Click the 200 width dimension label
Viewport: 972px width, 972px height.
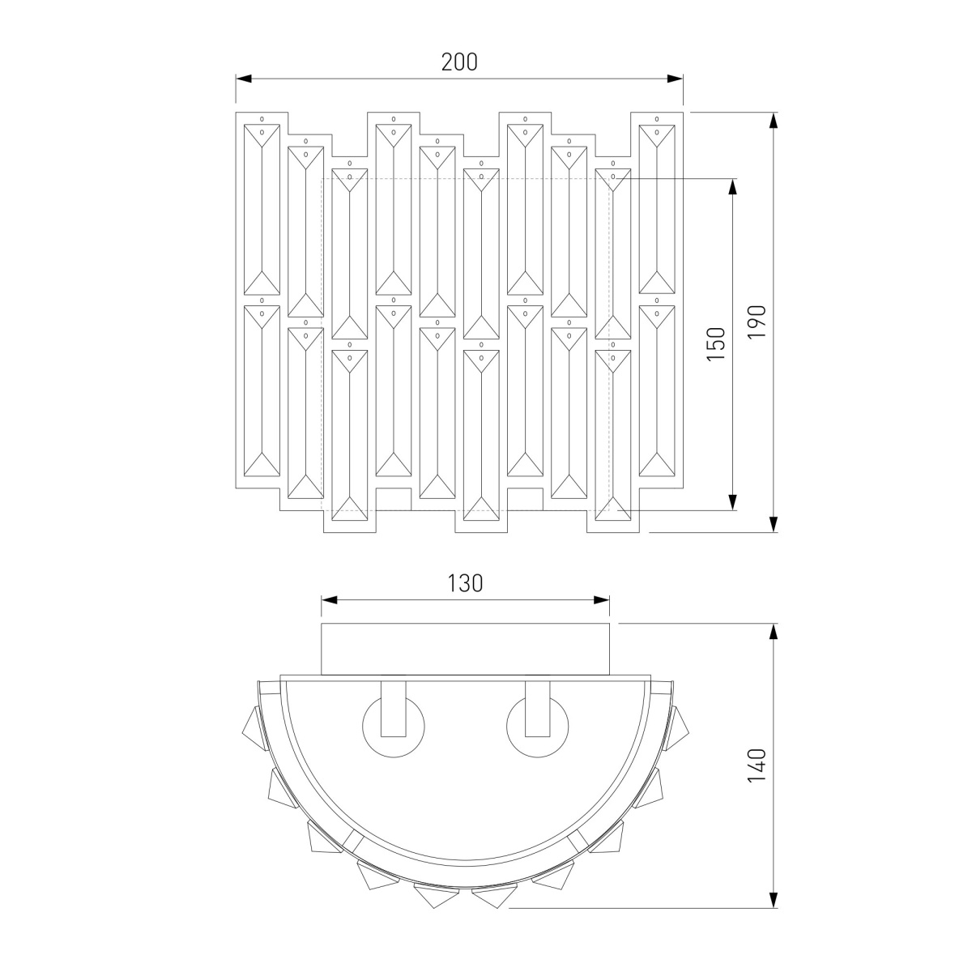459,62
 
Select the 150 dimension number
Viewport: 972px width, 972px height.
716,343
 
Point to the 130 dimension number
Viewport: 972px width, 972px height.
465,583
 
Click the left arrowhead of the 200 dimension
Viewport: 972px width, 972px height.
244,79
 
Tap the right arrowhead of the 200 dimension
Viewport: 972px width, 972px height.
675,79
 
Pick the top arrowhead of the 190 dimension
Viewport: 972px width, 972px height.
774,120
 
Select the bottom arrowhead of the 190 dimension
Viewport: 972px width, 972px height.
774,524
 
